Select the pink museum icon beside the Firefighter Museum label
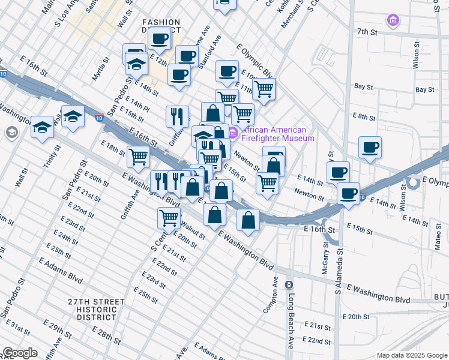click(x=234, y=132)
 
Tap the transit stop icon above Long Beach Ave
click(x=289, y=284)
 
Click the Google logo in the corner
click(x=20, y=353)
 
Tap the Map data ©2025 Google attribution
click(x=411, y=355)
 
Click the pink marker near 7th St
click(x=393, y=21)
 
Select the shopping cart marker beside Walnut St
click(x=169, y=217)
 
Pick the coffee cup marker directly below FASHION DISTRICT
click(x=159, y=38)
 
